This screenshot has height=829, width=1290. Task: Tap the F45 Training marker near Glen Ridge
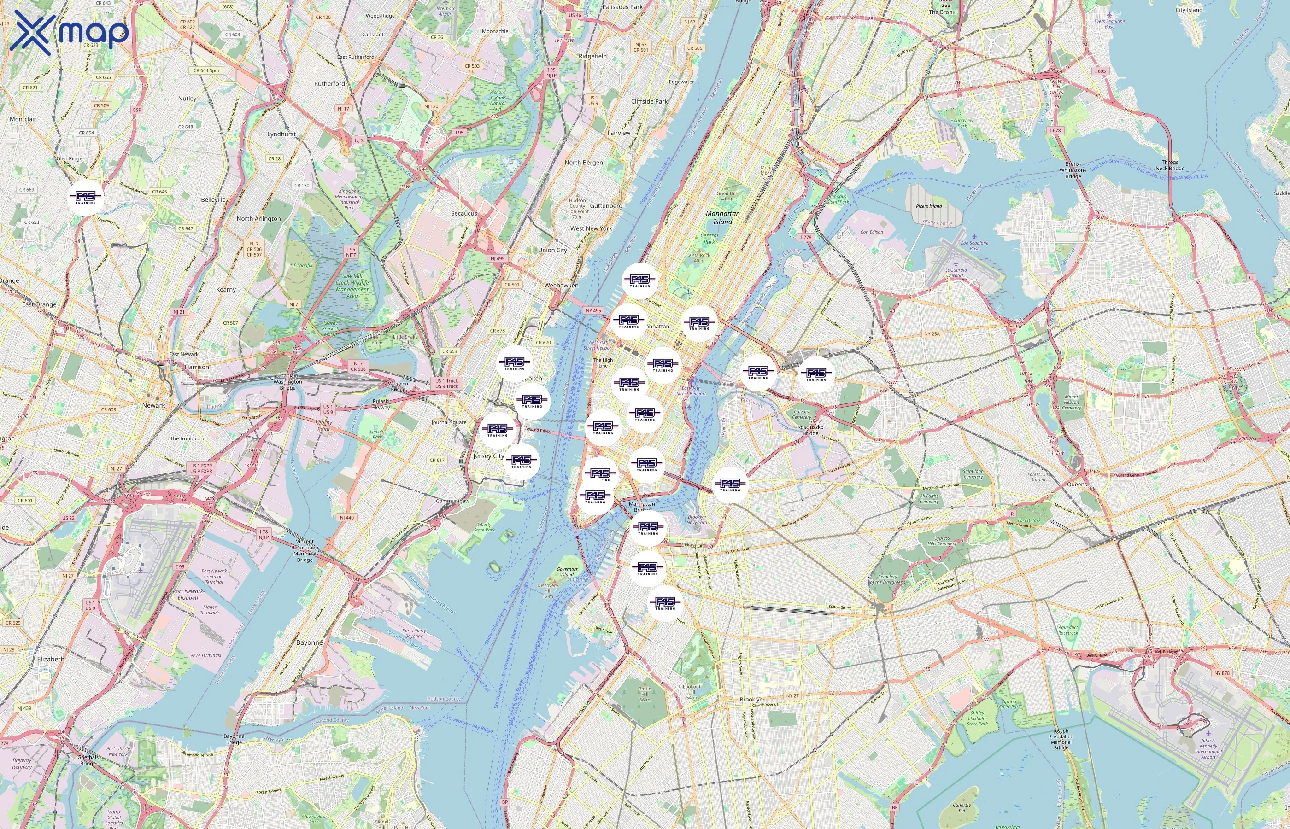(x=86, y=198)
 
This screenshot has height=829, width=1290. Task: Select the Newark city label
(x=153, y=405)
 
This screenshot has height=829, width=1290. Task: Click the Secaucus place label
(x=463, y=213)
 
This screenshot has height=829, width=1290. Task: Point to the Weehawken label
(x=561, y=285)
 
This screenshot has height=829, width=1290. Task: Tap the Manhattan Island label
(x=722, y=217)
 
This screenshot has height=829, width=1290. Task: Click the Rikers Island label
(x=929, y=206)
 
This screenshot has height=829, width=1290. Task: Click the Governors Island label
(x=567, y=572)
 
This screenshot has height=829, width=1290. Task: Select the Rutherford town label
(x=329, y=84)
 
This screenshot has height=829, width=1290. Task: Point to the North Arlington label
(x=258, y=219)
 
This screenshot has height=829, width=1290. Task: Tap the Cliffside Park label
(x=649, y=101)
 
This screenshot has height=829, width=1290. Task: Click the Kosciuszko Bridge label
(x=810, y=430)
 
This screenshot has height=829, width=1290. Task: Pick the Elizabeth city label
(x=51, y=659)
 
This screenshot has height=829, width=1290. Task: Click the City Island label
(x=1189, y=10)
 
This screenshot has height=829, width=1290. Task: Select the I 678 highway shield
(x=1055, y=130)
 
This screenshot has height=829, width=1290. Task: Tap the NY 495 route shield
(x=593, y=310)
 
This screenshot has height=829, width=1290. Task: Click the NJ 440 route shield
(x=347, y=517)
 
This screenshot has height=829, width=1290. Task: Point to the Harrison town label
(x=197, y=367)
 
